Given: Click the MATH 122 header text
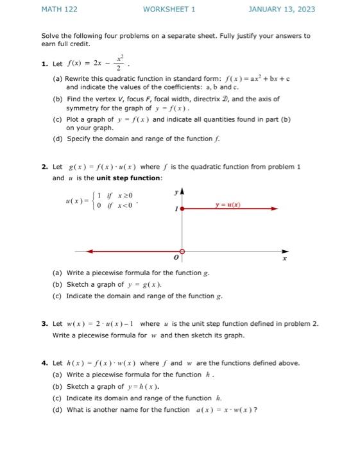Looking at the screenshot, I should click(59, 10).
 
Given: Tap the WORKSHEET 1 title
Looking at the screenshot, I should click(169, 10).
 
